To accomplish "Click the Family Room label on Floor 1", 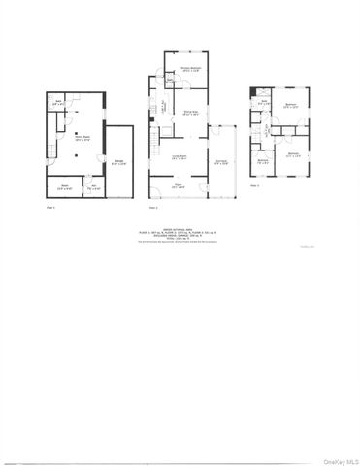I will [x=71, y=139].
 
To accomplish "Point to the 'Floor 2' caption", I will [x=152, y=208].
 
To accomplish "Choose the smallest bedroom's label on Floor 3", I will [x=264, y=162].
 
